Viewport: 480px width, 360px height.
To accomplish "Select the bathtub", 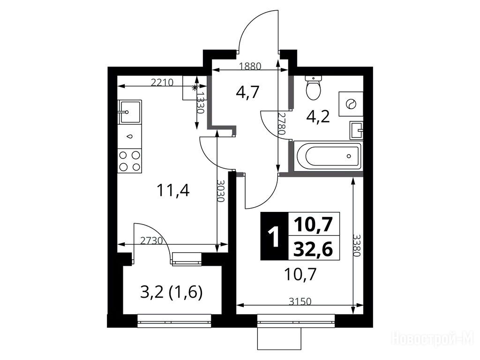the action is (x=328, y=156).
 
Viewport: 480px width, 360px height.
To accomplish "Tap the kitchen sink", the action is (x=130, y=112).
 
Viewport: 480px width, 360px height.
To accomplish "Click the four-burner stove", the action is (x=130, y=161).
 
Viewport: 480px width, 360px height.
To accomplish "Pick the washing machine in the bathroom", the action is (x=351, y=104).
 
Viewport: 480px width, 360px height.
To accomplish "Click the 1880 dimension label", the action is (x=250, y=66).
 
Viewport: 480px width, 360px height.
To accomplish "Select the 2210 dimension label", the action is (x=162, y=82).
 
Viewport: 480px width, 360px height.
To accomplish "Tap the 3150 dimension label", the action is (x=300, y=301).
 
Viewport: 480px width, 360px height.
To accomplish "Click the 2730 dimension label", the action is (x=151, y=240).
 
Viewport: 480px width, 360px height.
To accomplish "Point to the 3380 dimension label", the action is (x=357, y=246).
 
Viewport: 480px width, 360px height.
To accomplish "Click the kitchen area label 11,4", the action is (x=173, y=190).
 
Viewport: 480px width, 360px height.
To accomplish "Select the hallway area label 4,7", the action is (x=247, y=91).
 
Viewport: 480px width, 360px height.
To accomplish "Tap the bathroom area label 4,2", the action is (x=318, y=116).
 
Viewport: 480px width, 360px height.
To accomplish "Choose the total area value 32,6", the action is (x=313, y=249).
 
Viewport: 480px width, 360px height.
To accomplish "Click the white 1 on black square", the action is (x=274, y=236).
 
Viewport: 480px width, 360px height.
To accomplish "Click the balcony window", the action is (x=174, y=320).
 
